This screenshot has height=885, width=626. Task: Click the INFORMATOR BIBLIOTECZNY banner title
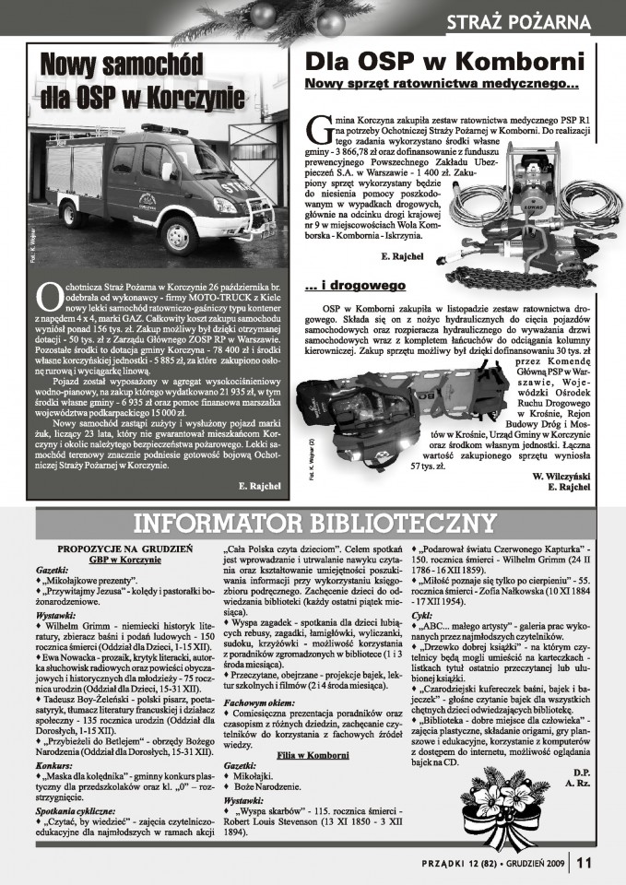coord(313,525)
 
